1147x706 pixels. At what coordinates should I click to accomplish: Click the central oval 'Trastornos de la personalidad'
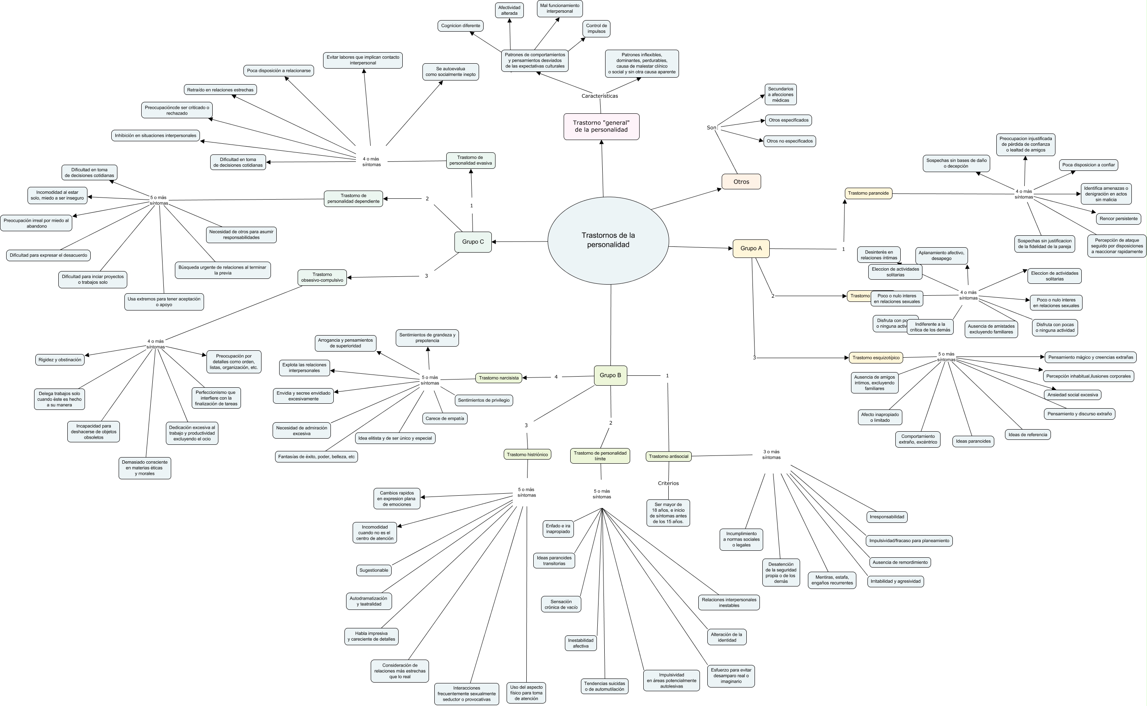[x=608, y=240]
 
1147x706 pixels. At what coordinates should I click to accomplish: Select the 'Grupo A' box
[x=751, y=248]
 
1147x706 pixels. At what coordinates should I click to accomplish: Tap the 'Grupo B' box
[x=610, y=375]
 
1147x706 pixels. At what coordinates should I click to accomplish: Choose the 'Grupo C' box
[x=473, y=242]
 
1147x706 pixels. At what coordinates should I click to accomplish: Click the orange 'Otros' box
[x=741, y=182]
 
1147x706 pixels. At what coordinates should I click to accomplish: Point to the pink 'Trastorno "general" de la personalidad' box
[x=601, y=126]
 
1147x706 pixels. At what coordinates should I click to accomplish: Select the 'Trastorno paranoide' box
[x=868, y=193]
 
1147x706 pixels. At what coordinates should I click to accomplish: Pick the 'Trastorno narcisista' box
[x=498, y=378]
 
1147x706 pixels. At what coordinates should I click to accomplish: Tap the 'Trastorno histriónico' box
[x=527, y=454]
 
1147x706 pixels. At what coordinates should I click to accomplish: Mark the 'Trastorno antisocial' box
[x=668, y=456]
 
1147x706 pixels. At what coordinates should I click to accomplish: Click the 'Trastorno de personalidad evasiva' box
[x=470, y=161]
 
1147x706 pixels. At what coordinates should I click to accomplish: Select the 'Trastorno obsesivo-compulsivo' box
[x=322, y=277]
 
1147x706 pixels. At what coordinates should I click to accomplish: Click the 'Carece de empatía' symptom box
[x=445, y=419]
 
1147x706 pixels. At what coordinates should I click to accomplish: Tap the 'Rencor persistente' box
[x=1118, y=218]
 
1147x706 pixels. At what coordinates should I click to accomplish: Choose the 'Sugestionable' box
[x=374, y=570]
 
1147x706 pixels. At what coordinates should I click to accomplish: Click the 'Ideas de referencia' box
[x=1028, y=435]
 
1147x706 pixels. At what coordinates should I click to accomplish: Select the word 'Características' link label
[x=600, y=96]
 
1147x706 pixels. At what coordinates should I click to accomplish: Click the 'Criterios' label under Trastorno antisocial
[x=668, y=483]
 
